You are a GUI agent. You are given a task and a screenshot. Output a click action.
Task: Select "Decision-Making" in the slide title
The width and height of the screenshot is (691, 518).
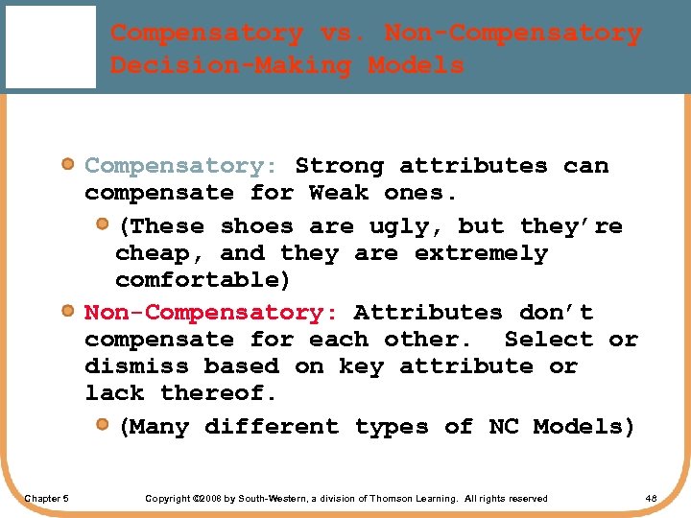(x=231, y=65)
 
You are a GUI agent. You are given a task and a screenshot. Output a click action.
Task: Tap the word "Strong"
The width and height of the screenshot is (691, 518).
(x=339, y=165)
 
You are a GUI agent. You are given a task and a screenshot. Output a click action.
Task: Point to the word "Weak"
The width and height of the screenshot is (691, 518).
(x=339, y=192)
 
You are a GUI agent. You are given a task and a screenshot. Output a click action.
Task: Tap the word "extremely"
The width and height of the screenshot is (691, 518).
(x=481, y=253)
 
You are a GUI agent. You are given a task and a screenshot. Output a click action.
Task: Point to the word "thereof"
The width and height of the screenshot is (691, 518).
(x=216, y=392)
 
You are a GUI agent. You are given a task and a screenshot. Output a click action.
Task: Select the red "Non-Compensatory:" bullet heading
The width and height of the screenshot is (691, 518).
(x=210, y=313)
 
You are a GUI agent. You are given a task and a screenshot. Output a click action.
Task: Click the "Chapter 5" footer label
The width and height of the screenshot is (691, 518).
(x=46, y=498)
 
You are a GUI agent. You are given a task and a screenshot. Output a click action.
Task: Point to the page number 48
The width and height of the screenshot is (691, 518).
(x=651, y=498)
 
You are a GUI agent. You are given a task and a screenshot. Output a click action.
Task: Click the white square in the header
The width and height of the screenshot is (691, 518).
(x=49, y=46)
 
